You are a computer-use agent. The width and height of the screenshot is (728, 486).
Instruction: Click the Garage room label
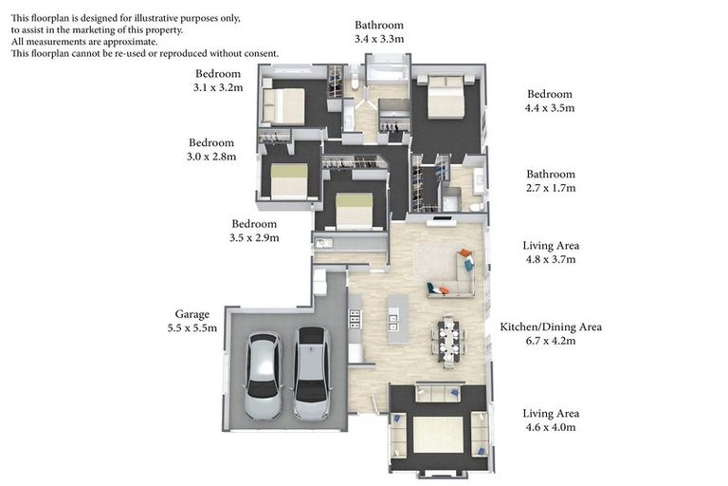192,314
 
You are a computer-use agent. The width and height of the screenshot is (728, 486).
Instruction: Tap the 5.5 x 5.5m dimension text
192,328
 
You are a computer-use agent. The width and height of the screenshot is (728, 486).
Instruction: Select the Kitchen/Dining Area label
551,327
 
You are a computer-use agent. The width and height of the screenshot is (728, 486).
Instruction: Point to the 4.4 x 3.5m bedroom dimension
550,108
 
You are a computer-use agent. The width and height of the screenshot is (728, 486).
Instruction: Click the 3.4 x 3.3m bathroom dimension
379,39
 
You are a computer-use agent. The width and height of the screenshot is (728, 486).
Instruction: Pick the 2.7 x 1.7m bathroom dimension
551,188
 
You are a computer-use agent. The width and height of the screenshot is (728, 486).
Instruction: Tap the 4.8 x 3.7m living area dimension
551,259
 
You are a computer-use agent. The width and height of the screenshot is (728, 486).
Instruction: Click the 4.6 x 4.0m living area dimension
551,427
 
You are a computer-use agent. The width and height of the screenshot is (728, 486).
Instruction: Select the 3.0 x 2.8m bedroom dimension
211,157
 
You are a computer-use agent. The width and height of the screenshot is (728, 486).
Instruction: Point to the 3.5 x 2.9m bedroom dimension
254,238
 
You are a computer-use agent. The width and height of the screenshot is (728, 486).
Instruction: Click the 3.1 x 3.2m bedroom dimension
218,88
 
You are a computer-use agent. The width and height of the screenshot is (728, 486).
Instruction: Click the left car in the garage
264,376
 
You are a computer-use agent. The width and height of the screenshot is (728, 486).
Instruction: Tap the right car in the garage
313,373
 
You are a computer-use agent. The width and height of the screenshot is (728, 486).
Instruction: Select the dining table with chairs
448,342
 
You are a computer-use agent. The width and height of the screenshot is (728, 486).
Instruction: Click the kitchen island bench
398,319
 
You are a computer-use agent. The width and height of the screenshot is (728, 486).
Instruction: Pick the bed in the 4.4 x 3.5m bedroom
446,96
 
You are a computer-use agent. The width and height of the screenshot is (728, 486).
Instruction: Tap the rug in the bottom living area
438,435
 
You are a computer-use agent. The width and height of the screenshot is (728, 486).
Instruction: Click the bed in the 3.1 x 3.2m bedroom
283,105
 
